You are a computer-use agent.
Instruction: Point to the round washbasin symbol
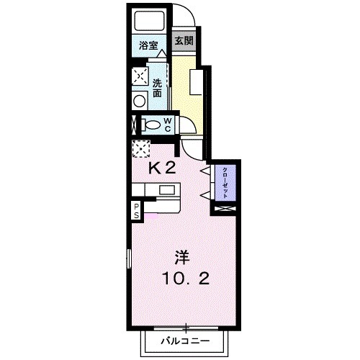138,101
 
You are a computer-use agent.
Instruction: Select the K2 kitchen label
163,168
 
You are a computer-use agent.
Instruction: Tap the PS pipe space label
136,210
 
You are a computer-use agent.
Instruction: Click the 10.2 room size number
185,279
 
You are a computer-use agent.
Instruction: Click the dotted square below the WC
140,148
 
